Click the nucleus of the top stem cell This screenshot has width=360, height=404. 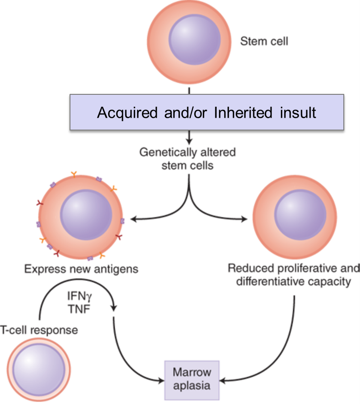click(194, 40)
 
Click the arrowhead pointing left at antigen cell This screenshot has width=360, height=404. click(133, 220)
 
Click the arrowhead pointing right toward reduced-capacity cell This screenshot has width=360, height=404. click(245, 220)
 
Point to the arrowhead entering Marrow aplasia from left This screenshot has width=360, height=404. click(161, 380)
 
